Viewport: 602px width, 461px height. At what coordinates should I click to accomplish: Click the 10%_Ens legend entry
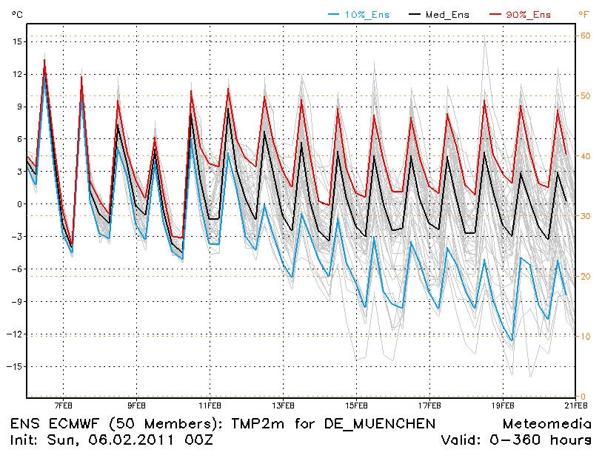click(367, 15)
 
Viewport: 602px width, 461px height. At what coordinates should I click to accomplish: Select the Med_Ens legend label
click(447, 15)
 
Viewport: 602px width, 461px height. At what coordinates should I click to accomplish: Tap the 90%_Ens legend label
click(528, 15)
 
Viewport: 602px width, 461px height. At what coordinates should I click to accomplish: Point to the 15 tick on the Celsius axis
click(17, 41)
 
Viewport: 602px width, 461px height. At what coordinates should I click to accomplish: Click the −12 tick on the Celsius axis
click(15, 334)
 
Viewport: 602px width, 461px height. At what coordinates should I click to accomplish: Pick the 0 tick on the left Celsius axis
click(19, 204)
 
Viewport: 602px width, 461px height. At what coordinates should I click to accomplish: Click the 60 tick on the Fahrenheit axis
click(585, 36)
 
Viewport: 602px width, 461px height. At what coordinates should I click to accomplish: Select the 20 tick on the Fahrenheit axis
click(585, 276)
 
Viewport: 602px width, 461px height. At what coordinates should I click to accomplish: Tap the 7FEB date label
click(64, 406)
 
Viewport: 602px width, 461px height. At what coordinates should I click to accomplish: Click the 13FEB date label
click(284, 406)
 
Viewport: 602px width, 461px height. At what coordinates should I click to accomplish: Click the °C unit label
click(17, 15)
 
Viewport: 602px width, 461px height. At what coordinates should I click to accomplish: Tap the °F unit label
click(583, 15)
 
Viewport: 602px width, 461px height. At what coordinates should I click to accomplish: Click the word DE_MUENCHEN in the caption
click(380, 424)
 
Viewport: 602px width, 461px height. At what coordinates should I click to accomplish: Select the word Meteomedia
click(546, 424)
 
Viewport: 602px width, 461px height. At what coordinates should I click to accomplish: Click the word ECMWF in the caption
click(74, 424)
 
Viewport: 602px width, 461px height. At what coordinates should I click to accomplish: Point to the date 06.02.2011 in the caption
click(131, 440)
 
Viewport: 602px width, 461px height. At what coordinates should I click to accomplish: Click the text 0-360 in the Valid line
click(515, 440)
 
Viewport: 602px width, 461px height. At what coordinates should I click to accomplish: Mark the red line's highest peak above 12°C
click(44, 59)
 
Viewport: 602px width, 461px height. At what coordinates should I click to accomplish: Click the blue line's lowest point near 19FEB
click(512, 340)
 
